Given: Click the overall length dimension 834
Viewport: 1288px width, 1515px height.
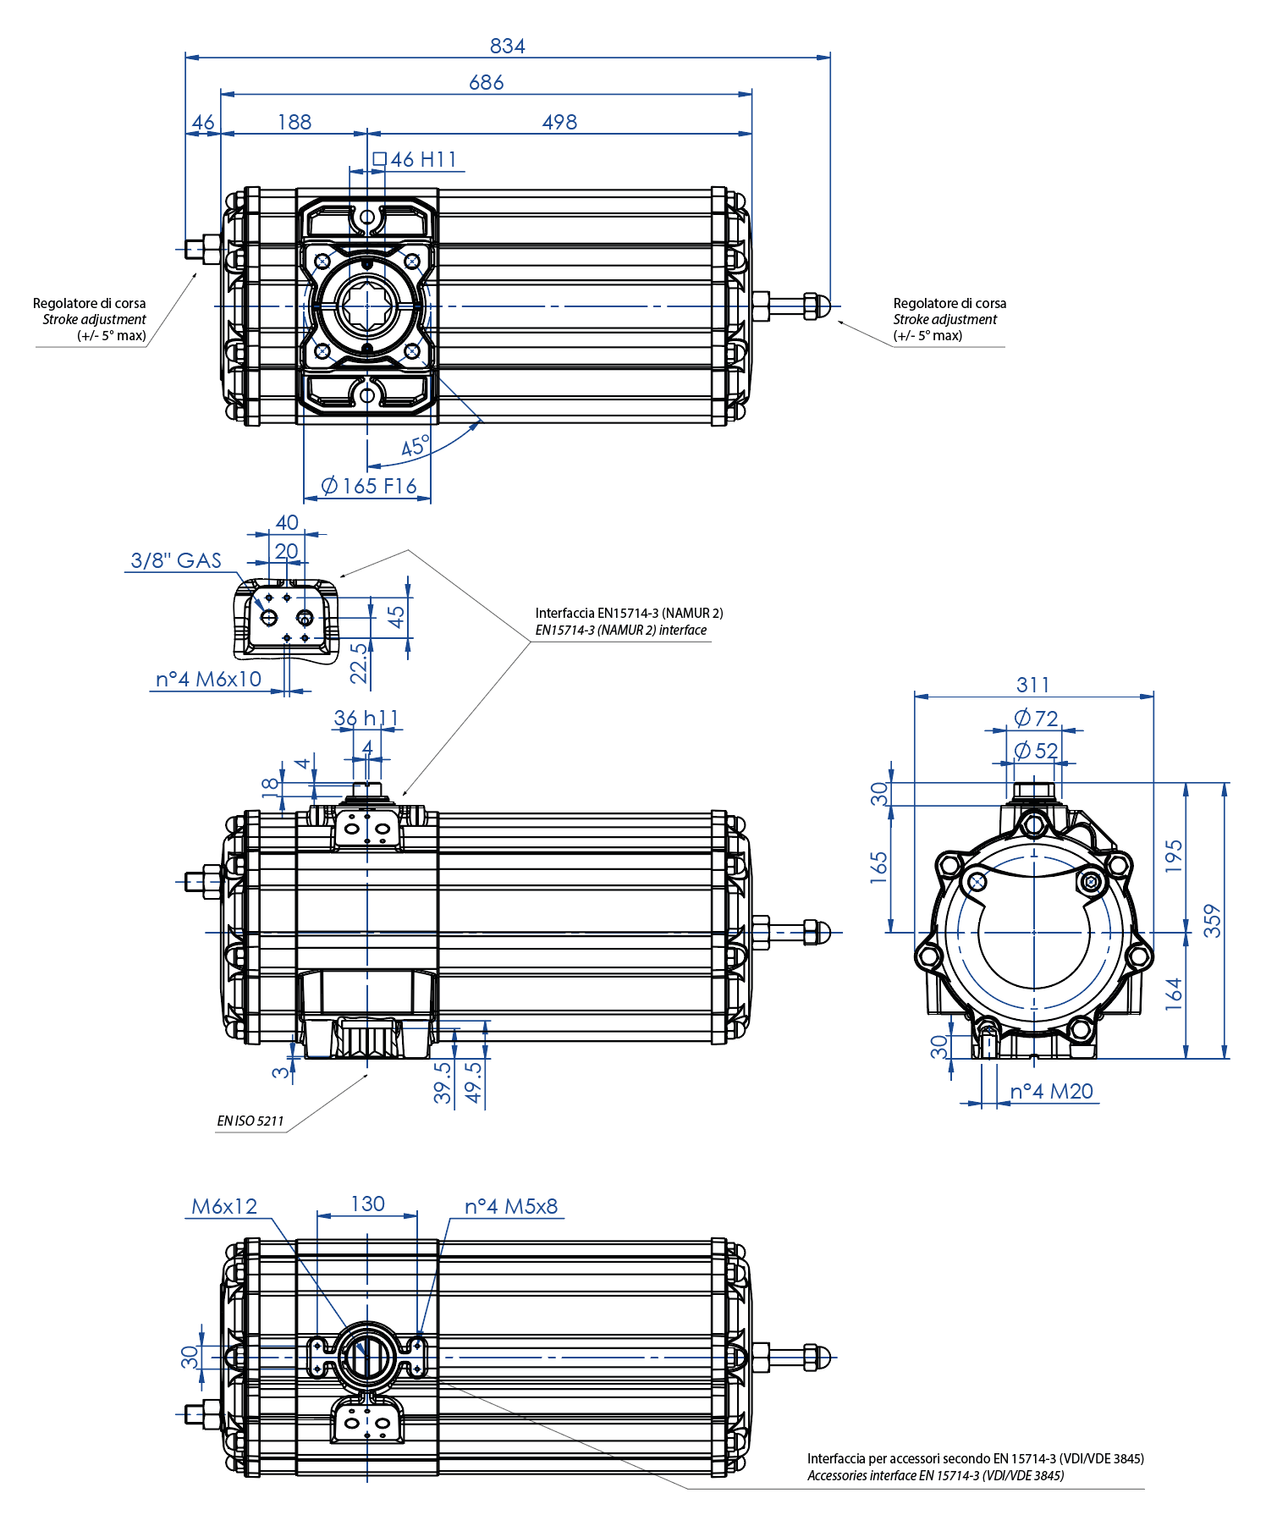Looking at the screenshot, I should coord(508,46).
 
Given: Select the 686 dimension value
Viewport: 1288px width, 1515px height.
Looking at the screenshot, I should coord(487,83).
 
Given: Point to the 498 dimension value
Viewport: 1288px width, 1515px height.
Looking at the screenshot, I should coord(559,123).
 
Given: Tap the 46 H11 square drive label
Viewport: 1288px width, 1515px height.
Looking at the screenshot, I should coord(416,159).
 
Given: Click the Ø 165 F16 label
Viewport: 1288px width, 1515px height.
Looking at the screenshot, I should coord(369,486).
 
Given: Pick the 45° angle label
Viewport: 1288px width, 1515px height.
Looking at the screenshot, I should coord(415,446).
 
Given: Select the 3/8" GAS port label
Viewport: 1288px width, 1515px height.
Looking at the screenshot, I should coord(176,560).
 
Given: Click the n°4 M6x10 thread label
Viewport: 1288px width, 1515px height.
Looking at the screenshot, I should coord(208,679).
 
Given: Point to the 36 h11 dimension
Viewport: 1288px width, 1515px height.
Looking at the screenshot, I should coord(366,719).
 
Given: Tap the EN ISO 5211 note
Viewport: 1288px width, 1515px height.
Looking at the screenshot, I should coord(250,1121).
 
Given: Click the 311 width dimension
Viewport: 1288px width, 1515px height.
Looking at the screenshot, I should coord(1033,685).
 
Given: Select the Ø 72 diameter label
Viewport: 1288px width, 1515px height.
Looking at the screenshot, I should coord(1037,719).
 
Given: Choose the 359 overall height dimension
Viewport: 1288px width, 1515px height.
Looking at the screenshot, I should coord(1213,921).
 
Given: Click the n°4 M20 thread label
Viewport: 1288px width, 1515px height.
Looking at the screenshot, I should coord(1052,1092).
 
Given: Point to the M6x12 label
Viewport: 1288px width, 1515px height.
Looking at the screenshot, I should coord(224,1206).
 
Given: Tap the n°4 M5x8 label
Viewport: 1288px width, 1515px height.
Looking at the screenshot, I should coord(511,1206).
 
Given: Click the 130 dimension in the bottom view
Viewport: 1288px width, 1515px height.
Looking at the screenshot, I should coord(367,1204).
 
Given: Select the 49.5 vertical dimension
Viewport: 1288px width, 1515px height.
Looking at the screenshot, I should coord(474,1083).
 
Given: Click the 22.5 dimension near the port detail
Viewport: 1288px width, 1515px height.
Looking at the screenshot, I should coord(360,663).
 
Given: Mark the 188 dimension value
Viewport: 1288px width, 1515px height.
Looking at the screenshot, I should coord(294,123).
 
